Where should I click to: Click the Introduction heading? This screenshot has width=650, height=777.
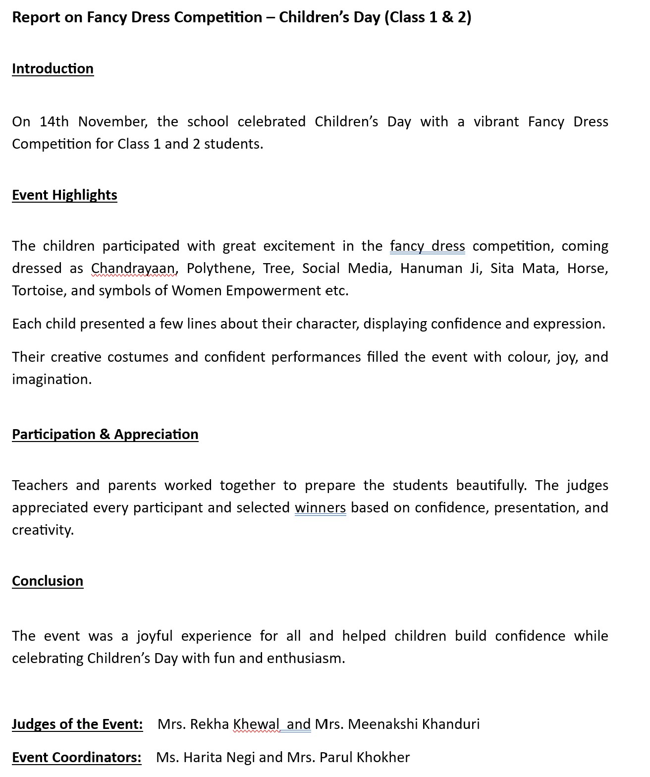click(53, 68)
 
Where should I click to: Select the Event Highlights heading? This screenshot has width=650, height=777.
click(64, 195)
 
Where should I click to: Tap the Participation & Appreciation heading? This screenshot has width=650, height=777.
click(105, 434)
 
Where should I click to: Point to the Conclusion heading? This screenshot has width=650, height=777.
click(48, 581)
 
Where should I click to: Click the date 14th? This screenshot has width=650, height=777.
click(54, 121)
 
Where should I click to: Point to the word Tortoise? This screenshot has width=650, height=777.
click(37, 290)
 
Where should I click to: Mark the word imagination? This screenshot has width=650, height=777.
click(52, 379)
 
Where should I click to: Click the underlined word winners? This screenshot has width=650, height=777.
click(320, 507)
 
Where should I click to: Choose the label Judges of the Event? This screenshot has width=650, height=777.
click(77, 724)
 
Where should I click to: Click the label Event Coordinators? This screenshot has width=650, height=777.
click(76, 757)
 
